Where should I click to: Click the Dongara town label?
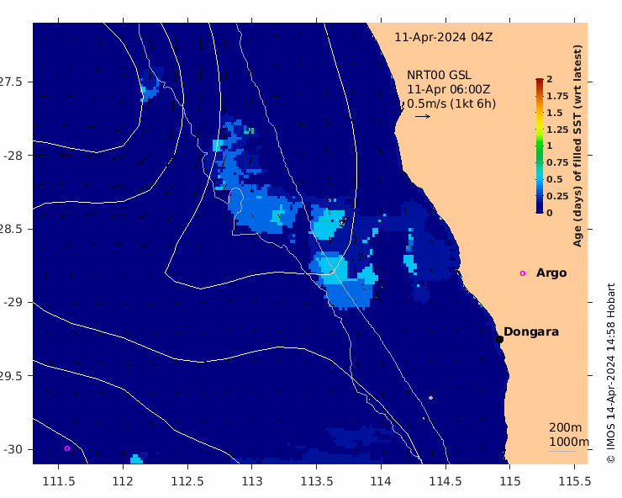click(x=530, y=331)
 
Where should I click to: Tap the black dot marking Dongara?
click(x=499, y=339)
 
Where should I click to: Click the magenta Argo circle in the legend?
click(x=523, y=273)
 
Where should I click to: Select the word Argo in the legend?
click(x=551, y=273)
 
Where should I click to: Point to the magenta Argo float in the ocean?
click(x=67, y=448)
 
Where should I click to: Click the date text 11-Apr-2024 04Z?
click(x=444, y=37)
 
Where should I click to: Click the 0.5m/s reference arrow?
click(x=423, y=116)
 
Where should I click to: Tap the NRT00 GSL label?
click(x=439, y=75)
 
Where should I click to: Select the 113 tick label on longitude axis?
click(x=252, y=481)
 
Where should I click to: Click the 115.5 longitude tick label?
click(x=574, y=481)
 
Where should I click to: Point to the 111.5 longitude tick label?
click(x=59, y=481)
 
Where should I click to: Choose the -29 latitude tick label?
click(x=13, y=302)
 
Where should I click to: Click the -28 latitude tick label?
click(x=13, y=156)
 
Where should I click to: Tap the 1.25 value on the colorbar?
click(x=557, y=130)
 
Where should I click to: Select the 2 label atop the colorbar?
click(x=550, y=79)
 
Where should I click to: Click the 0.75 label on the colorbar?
click(x=557, y=162)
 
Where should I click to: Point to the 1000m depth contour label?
click(x=569, y=442)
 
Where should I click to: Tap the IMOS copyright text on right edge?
click(x=611, y=373)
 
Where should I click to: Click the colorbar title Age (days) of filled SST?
click(x=577, y=146)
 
